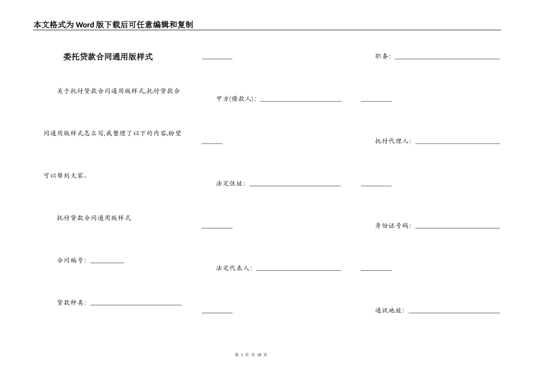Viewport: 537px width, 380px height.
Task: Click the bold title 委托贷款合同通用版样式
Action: pyautogui.click(x=107, y=57)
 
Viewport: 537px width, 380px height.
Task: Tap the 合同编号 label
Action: pyautogui.click(x=71, y=261)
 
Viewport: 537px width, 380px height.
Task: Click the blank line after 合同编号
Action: pyautogui.click(x=107, y=262)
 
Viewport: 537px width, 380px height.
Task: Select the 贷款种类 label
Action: pyautogui.click(x=71, y=303)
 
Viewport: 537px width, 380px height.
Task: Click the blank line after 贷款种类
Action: pyautogui.click(x=136, y=304)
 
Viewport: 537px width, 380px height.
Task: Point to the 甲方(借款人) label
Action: pyautogui.click(x=236, y=99)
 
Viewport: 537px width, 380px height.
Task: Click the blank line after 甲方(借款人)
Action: pyautogui.click(x=300, y=101)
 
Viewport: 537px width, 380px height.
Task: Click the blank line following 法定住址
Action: pyautogui.click(x=295, y=185)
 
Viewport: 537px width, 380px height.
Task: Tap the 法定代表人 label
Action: pyautogui.click(x=234, y=268)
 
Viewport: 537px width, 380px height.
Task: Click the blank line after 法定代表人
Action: pyautogui.click(x=298, y=270)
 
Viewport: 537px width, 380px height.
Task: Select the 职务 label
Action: pyautogui.click(x=383, y=57)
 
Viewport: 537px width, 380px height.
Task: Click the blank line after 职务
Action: pyautogui.click(x=447, y=58)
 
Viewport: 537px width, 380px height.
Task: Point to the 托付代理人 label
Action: pyautogui.click(x=393, y=141)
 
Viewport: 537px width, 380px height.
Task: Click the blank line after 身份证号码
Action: pyautogui.click(x=457, y=228)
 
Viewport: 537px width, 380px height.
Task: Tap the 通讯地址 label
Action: pyautogui.click(x=389, y=310)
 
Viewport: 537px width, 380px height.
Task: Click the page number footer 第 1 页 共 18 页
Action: pyautogui.click(x=250, y=355)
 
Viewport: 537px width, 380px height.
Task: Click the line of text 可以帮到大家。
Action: pyautogui.click(x=65, y=176)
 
